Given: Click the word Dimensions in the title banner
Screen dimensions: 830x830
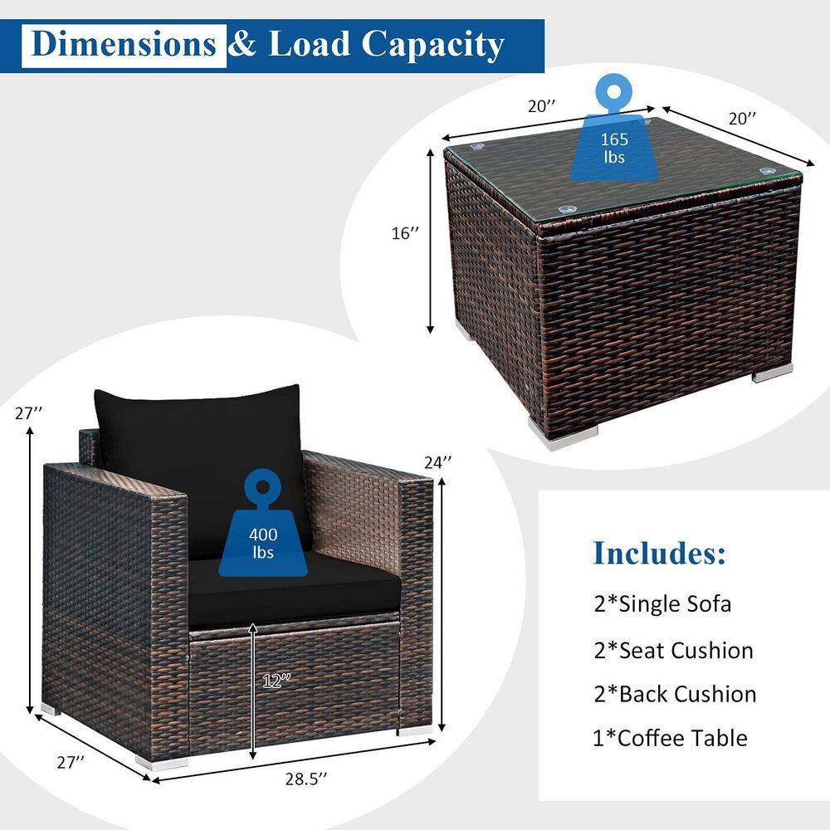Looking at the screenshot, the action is point(124,44).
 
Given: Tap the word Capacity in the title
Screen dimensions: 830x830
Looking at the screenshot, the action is point(433,46).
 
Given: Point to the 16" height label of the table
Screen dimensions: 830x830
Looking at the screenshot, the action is point(406,233).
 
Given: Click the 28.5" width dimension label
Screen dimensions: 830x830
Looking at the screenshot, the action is point(306,779).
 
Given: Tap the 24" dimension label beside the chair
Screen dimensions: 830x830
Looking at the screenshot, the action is point(437,462).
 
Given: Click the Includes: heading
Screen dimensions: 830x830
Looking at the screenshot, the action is point(660,553).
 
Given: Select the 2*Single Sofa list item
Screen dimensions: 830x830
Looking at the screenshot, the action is point(662,604).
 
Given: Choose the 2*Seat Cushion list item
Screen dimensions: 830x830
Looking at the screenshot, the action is point(673,651).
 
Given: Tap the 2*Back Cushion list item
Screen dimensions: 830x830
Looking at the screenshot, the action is point(675,695).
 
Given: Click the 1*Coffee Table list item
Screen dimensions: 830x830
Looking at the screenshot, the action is point(670,739).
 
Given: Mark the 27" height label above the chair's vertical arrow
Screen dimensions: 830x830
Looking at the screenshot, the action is point(28,413).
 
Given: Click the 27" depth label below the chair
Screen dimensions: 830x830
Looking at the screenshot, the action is point(71,762).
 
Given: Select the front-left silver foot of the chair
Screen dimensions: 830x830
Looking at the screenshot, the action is point(162,763).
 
